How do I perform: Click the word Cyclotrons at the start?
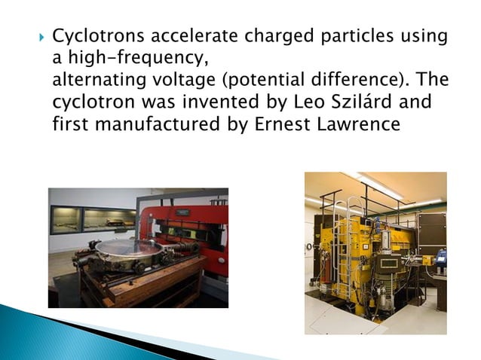97,37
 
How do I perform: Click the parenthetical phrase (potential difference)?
311,79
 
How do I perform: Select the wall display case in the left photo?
90,218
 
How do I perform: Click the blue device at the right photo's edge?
440,261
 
